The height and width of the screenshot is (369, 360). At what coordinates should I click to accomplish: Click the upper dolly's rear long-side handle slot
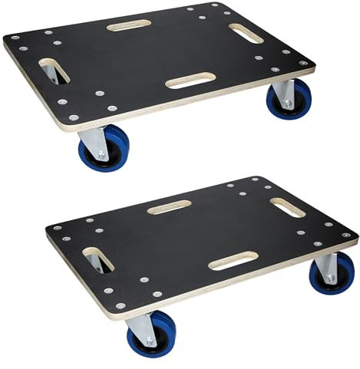tap(129, 25)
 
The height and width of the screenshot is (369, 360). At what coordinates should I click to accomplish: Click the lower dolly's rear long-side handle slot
tap(170, 206)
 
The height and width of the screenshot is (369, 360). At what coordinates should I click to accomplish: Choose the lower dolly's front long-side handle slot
tap(233, 261)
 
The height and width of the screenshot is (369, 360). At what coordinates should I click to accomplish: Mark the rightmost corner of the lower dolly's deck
tap(357, 235)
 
